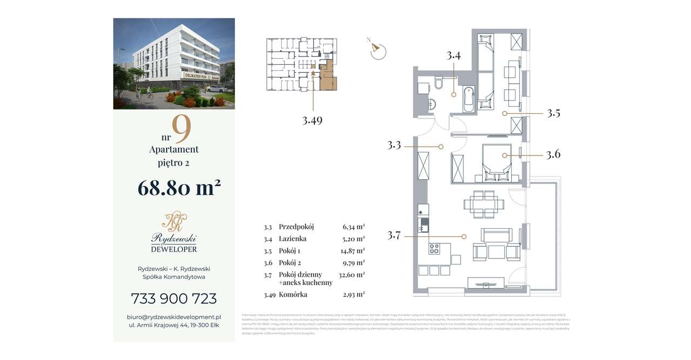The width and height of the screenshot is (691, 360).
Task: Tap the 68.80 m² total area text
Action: click(x=179, y=188)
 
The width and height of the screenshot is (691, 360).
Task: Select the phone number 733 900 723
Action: click(x=174, y=298)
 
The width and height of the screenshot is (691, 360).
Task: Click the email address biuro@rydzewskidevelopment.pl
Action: click(x=174, y=317)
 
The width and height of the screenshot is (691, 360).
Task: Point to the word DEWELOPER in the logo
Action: click(x=174, y=249)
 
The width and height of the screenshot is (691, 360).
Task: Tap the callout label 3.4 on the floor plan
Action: click(x=453, y=55)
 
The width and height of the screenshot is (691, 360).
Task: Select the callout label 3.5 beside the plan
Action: click(x=553, y=113)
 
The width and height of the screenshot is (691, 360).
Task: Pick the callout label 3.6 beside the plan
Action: click(x=553, y=155)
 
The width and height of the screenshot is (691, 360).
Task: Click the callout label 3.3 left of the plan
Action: click(x=395, y=146)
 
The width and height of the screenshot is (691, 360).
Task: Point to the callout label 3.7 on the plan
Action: click(x=395, y=236)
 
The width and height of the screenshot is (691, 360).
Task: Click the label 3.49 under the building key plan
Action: click(x=312, y=121)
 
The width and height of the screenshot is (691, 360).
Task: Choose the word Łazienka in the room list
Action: click(x=294, y=239)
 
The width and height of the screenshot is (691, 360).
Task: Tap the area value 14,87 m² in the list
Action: click(x=354, y=250)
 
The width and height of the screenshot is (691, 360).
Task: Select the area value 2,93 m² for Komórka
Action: click(x=354, y=295)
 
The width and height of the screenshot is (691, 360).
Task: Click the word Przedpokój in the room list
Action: click(x=296, y=227)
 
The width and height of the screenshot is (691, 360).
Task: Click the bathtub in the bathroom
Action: click(x=469, y=99)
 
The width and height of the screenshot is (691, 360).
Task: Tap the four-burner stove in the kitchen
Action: click(x=435, y=249)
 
